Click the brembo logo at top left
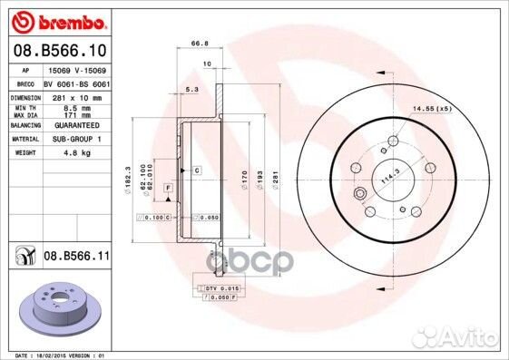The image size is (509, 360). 57,19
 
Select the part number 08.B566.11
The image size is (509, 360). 77,258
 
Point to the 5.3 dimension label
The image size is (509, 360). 191,89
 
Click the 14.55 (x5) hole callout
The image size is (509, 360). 432,109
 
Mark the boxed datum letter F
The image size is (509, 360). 168,187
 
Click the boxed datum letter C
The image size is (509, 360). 196,170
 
